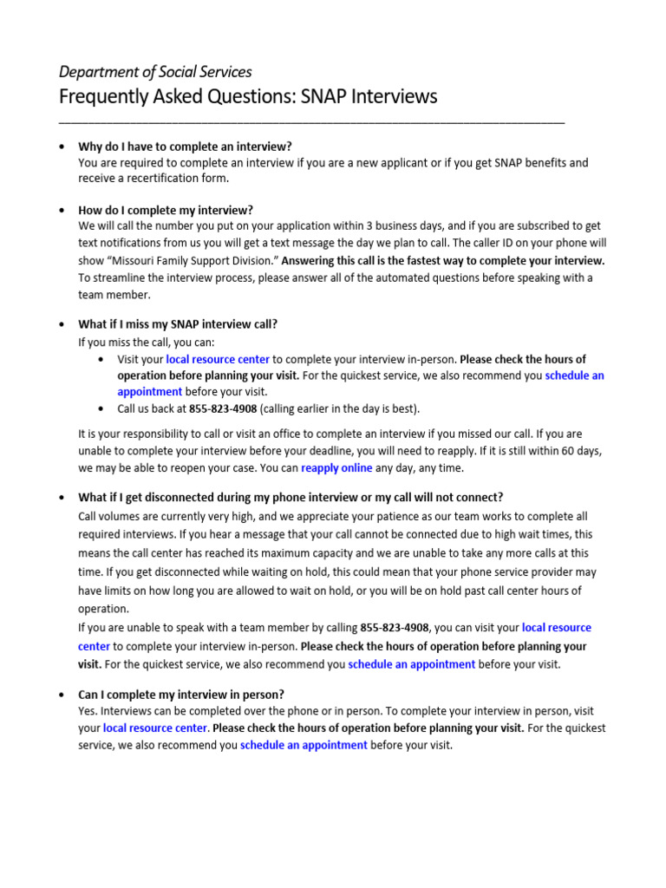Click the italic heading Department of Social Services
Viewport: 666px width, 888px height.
pyautogui.click(x=154, y=71)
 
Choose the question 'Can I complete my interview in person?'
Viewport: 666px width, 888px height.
pyautogui.click(x=181, y=695)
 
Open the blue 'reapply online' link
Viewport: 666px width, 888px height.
pyautogui.click(x=336, y=468)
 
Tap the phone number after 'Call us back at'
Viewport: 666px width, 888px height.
pyautogui.click(x=223, y=409)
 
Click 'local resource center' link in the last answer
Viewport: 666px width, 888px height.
pyautogui.click(x=155, y=728)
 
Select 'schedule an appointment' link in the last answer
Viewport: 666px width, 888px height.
pyautogui.click(x=304, y=745)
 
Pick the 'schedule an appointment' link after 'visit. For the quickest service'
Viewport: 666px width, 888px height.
pyautogui.click(x=411, y=664)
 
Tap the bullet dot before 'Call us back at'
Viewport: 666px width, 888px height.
pyautogui.click(x=104, y=409)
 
